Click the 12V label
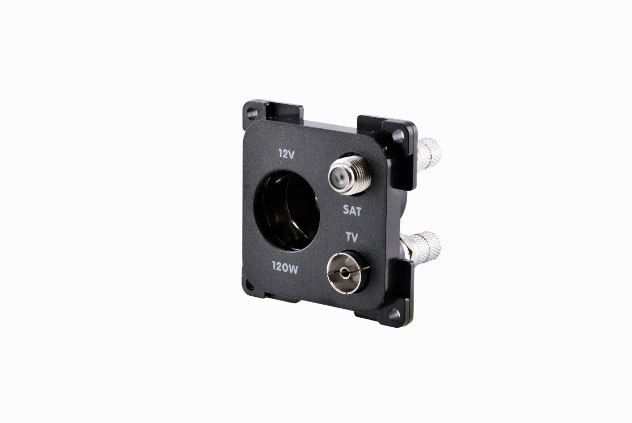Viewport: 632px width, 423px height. (286, 154)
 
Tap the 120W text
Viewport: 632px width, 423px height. (285, 268)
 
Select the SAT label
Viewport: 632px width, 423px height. (352, 210)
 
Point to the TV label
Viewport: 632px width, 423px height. (352, 237)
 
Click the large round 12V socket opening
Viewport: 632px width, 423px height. (286, 210)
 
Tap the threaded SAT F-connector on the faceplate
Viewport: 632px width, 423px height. (347, 175)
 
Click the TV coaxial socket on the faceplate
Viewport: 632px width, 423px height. (347, 272)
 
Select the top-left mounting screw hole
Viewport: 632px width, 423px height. (251, 114)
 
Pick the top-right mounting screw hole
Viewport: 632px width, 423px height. (398, 136)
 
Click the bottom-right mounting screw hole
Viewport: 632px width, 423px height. (394, 315)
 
